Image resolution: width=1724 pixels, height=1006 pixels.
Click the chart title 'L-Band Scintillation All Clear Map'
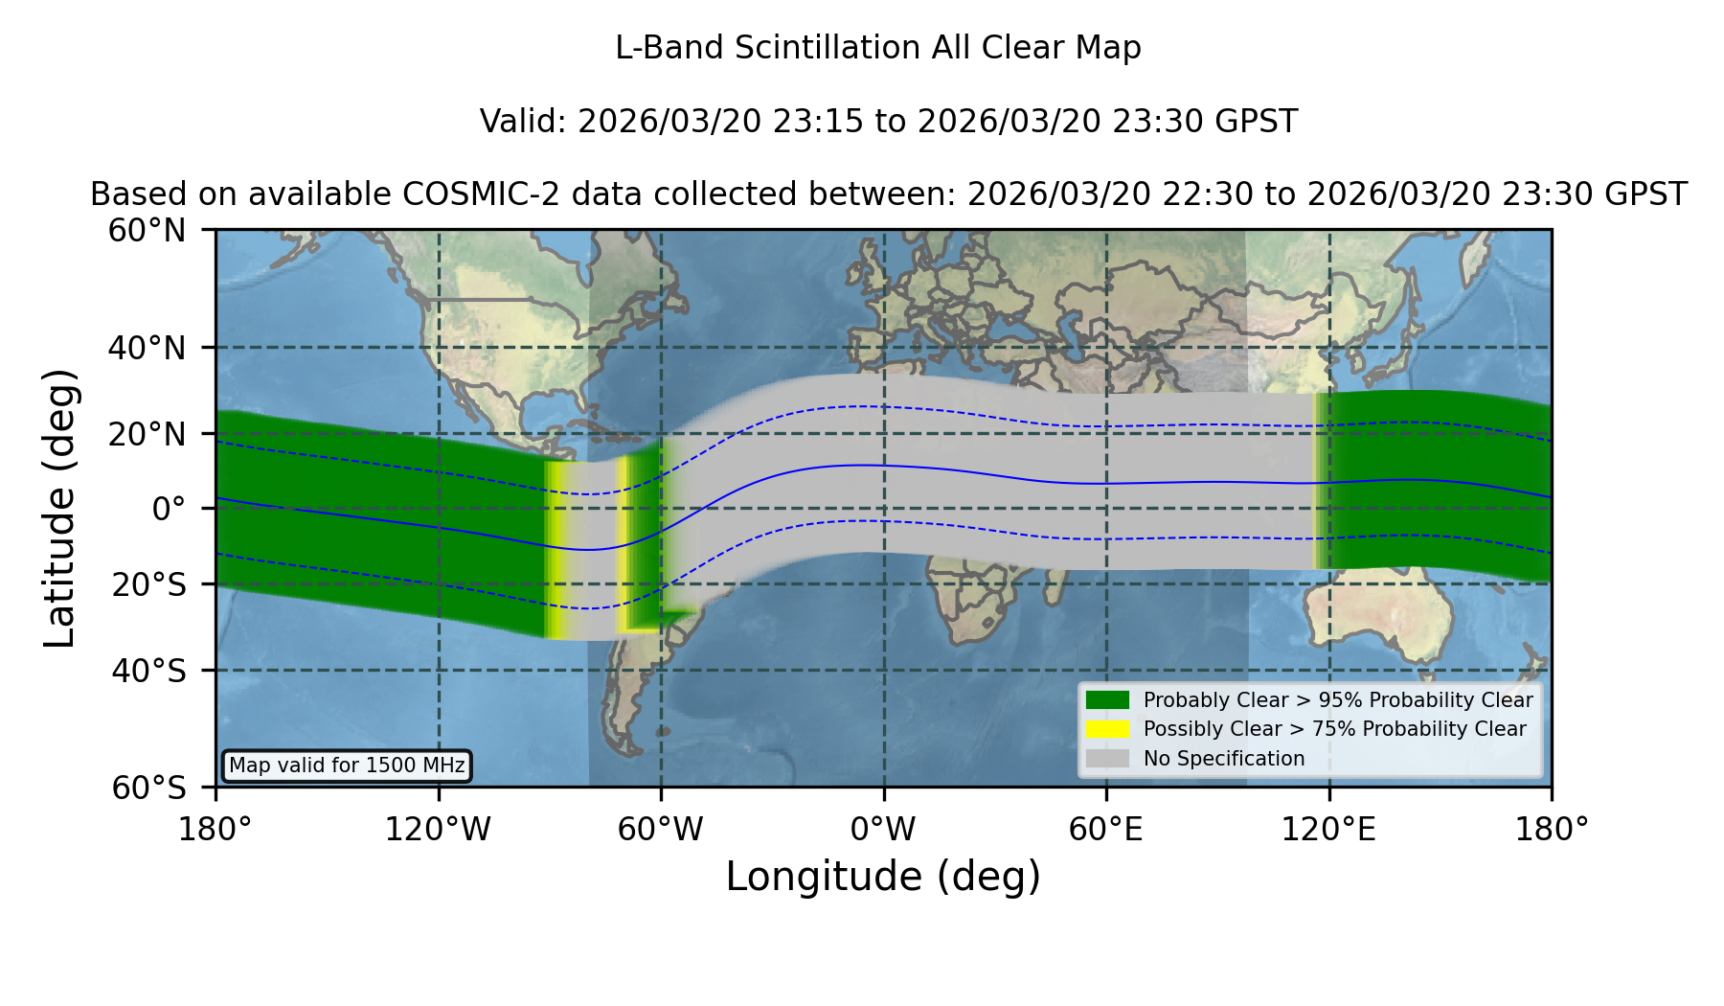tap(877, 48)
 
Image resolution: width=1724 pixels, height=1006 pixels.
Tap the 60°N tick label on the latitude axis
tap(147, 231)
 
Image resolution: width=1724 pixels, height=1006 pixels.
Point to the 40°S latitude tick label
tap(149, 671)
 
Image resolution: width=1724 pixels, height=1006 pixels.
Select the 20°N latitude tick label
tap(147, 434)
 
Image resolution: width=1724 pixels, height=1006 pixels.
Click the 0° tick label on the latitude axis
tap(169, 509)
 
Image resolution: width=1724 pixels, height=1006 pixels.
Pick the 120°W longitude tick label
tap(438, 830)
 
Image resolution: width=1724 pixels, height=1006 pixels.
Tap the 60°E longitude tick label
tap(1106, 830)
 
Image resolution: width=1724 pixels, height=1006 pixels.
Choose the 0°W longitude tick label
tap(884, 830)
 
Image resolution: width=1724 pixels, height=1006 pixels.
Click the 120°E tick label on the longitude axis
tap(1328, 830)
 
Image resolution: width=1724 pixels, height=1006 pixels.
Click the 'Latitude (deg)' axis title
tap(59, 508)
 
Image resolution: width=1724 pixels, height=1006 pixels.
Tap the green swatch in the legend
tap(1108, 700)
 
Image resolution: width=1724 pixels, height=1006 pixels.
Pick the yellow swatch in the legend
tap(1108, 729)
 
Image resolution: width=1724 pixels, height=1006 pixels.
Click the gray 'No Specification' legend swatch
tap(1108, 759)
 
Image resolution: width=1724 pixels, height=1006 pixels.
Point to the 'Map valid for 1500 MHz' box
tap(347, 766)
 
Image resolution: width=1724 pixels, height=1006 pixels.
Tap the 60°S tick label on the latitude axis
tap(149, 789)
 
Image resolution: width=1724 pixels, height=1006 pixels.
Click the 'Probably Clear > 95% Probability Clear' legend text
tap(1338, 700)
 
